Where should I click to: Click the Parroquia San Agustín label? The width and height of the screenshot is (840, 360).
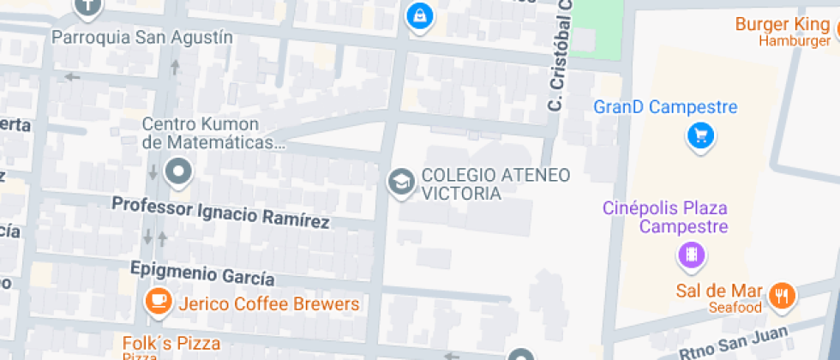(142, 37)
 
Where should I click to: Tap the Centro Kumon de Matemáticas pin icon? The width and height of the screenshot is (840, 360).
(178, 171)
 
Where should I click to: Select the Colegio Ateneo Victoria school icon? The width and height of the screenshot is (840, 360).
(400, 183)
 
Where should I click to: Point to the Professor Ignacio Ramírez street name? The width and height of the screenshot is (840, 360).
(221, 212)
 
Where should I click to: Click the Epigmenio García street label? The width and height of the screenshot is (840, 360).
(202, 273)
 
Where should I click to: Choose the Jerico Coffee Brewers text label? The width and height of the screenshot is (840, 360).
(267, 304)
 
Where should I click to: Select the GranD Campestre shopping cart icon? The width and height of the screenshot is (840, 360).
(701, 135)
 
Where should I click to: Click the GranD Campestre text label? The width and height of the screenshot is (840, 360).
(665, 108)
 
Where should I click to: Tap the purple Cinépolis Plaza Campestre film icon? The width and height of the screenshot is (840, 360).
(690, 255)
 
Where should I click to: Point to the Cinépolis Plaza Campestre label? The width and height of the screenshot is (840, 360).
(665, 217)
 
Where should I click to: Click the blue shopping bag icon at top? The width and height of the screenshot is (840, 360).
(419, 14)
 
